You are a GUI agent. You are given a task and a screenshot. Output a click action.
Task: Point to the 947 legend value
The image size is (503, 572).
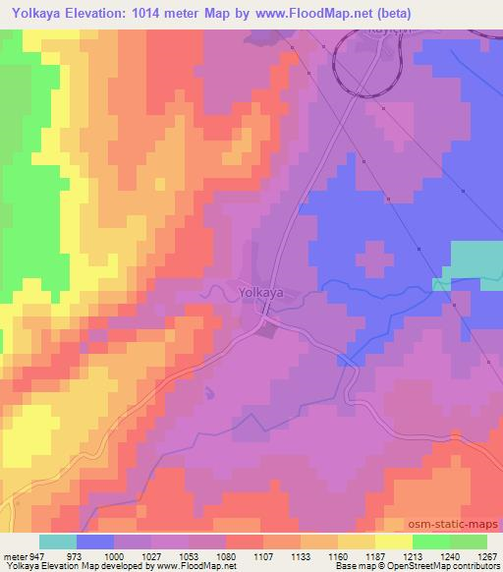pyautogui.click(x=38, y=555)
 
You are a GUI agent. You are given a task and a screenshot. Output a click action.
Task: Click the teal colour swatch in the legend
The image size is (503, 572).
pyautogui.click(x=58, y=542)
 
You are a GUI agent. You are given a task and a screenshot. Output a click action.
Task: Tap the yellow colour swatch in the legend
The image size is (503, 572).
pyautogui.click(x=393, y=542)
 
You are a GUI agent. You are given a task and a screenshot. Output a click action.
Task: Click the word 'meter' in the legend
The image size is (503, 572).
pyautogui.click(x=13, y=555)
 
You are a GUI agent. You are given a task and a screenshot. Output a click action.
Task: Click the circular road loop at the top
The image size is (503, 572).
pyautogui.click(x=368, y=61)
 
